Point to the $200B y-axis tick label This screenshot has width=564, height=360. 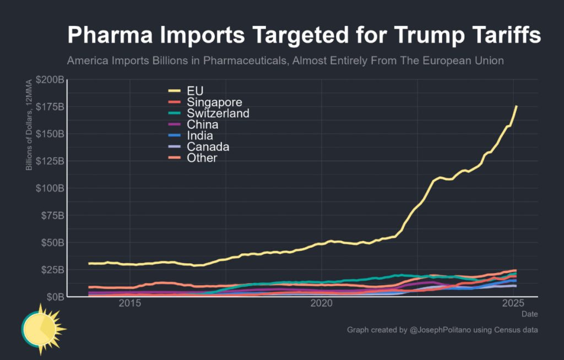click(x=50, y=80)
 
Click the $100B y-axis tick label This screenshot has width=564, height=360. click(x=50, y=188)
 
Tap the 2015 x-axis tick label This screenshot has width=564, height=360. click(x=130, y=303)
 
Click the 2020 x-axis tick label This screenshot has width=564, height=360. click(x=322, y=303)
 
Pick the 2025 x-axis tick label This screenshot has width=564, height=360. click(x=513, y=303)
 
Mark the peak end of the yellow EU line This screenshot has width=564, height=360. click(x=516, y=106)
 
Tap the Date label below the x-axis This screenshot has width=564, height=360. click(x=530, y=313)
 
